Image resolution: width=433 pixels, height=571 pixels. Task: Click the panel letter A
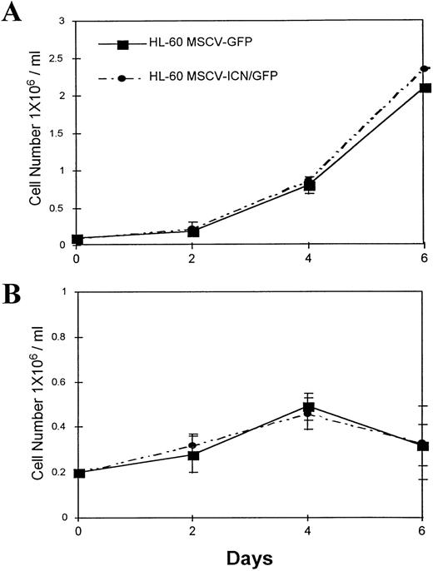click(x=12, y=14)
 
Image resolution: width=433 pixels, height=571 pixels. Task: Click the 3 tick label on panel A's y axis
click(x=63, y=21)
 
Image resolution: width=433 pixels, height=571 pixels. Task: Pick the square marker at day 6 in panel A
click(x=423, y=88)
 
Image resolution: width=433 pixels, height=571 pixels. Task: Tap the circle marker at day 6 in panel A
click(x=423, y=68)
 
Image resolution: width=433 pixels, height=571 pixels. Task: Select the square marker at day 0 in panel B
click(x=78, y=473)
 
